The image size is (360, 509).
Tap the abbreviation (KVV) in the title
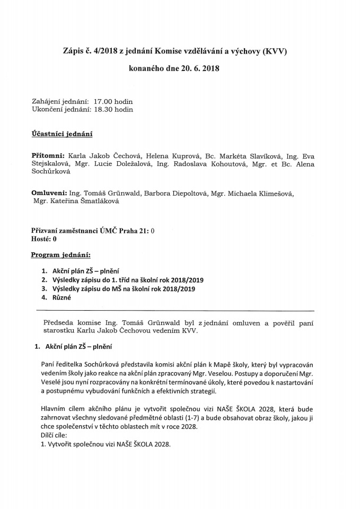tap(279, 51)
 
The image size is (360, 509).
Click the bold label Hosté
tap(42, 239)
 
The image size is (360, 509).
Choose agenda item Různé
tap(62, 298)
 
